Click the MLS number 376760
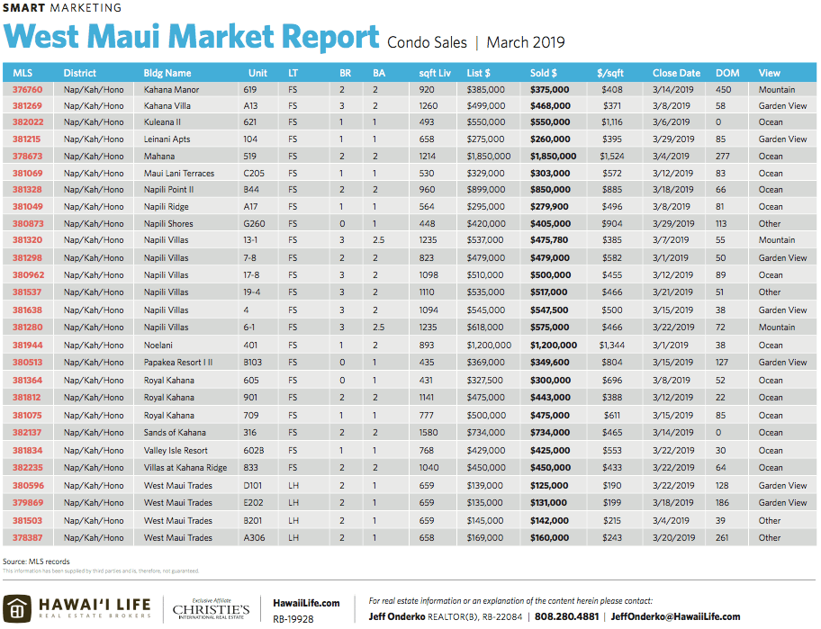pyautogui.click(x=27, y=90)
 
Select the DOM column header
pyautogui.click(x=727, y=73)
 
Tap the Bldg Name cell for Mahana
pyautogui.click(x=159, y=157)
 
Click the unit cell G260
pyautogui.click(x=255, y=223)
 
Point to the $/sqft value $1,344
pyautogui.click(x=611, y=346)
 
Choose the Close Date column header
pyautogui.click(x=676, y=73)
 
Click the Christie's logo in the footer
pyautogui.click(x=211, y=609)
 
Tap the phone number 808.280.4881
pyautogui.click(x=567, y=617)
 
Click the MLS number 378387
pyautogui.click(x=27, y=538)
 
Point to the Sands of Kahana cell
pyautogui.click(x=175, y=433)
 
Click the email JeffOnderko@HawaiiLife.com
pyautogui.click(x=675, y=617)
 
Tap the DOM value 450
pyautogui.click(x=723, y=90)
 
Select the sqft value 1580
pyautogui.click(x=429, y=433)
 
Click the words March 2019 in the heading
pyautogui.click(x=526, y=42)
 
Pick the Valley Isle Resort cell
pyautogui.click(x=176, y=451)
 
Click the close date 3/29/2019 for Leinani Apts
pyautogui.click(x=673, y=139)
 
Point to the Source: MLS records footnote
pyautogui.click(x=36, y=562)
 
